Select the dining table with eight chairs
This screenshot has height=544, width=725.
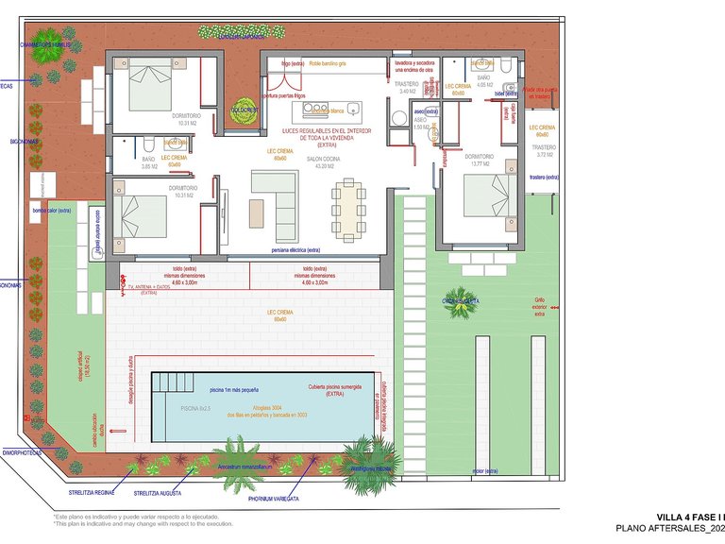coord(347,209)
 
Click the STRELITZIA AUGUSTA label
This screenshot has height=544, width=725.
coord(158,493)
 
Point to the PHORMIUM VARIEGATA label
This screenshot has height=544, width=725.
coord(274,498)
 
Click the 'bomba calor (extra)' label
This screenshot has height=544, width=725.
coord(52,211)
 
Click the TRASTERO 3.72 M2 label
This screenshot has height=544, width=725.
coord(544,150)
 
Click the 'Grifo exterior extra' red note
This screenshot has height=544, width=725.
coord(540,306)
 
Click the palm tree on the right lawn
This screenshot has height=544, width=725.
coord(463,301)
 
